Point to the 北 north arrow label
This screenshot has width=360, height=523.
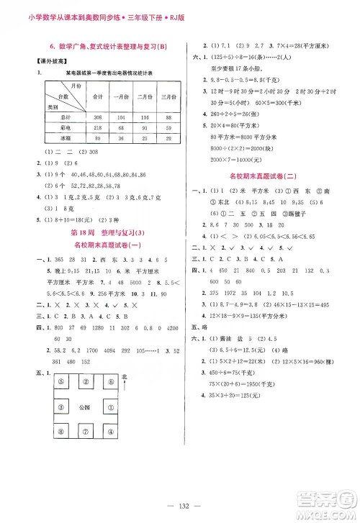point(125,377)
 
